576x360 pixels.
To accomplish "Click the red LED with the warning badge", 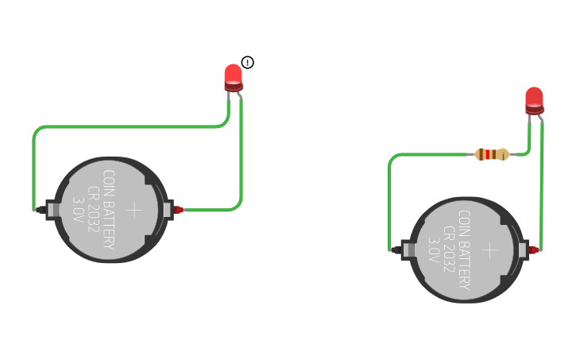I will point(233,76).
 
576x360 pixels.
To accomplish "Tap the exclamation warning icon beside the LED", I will point(248,63).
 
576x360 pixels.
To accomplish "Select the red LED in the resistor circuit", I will point(534,99).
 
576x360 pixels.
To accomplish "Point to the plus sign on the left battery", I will point(135,210).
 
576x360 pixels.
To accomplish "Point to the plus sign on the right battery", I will point(490,250).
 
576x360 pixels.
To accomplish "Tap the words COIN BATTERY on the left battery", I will point(108,210).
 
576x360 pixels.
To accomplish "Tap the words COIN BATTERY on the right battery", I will point(464,250).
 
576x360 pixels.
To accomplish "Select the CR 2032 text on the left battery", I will point(93,210).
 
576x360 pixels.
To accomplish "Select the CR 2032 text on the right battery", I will point(449,250).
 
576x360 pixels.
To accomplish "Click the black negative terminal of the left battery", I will point(40,210).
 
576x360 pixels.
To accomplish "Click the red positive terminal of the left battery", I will point(179,210).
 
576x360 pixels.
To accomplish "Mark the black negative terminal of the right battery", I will point(395,250).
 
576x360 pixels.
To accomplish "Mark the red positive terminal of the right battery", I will point(534,250).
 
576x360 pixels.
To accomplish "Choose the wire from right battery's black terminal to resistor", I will point(390,199).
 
